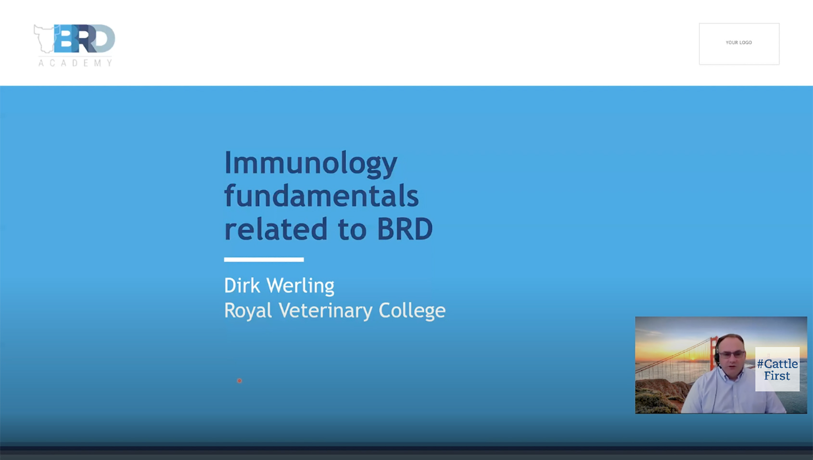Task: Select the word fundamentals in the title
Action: coord(321,196)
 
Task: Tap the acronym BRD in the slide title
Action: coord(405,229)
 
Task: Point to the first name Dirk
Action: coord(243,286)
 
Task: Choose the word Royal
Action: coord(248,311)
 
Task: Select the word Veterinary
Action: coord(326,311)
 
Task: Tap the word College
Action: coord(412,311)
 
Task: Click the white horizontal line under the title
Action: coord(264,260)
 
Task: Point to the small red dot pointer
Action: coord(240,381)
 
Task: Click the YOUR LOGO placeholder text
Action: coord(738,43)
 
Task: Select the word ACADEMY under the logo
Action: coord(76,63)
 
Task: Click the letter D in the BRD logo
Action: coord(103,39)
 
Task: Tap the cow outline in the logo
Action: coord(45,39)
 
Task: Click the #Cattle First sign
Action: coord(777,369)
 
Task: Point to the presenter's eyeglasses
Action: coord(731,354)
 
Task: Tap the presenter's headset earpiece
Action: coord(717,357)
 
